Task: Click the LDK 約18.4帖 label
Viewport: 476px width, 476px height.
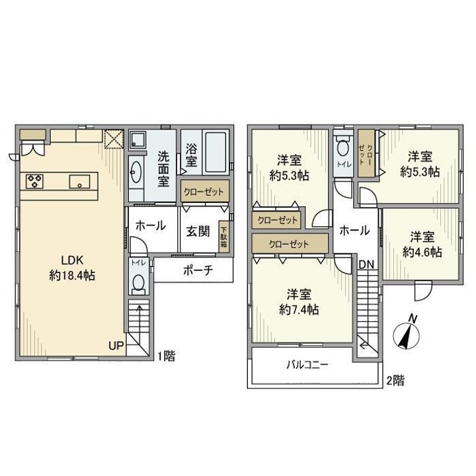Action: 72,268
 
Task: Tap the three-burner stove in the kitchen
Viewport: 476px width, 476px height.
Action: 34,181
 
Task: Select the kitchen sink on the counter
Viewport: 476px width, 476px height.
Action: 79,182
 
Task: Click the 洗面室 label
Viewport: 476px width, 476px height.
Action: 163,169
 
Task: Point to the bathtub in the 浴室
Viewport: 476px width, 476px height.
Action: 216,152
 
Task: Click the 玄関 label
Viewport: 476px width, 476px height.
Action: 198,231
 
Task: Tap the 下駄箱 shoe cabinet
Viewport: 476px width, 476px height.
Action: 223,237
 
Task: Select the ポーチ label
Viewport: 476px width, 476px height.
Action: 198,270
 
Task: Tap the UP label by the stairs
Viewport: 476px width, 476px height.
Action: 116,346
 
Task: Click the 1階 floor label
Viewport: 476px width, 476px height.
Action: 166,356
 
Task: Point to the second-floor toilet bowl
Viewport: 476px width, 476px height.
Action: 343,148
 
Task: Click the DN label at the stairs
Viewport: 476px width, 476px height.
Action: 366,264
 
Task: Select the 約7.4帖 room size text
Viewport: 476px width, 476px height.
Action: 299,310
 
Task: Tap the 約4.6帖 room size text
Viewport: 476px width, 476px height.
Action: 422,253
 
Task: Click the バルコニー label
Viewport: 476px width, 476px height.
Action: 307,364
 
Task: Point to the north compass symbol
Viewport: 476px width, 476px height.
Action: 407,335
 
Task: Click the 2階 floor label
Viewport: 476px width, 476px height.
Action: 395,380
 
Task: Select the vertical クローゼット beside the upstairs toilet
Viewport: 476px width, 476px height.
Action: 366,153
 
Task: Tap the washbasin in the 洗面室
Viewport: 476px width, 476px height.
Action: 136,172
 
